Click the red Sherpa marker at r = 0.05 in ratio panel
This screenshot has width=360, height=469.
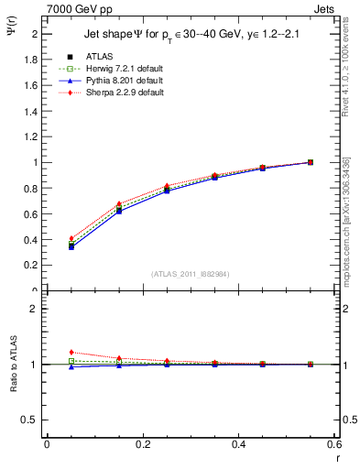(71, 353)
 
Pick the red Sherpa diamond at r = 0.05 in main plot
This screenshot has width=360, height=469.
(71, 238)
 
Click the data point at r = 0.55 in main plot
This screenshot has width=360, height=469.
(311, 162)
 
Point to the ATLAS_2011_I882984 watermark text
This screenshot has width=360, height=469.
(191, 273)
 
